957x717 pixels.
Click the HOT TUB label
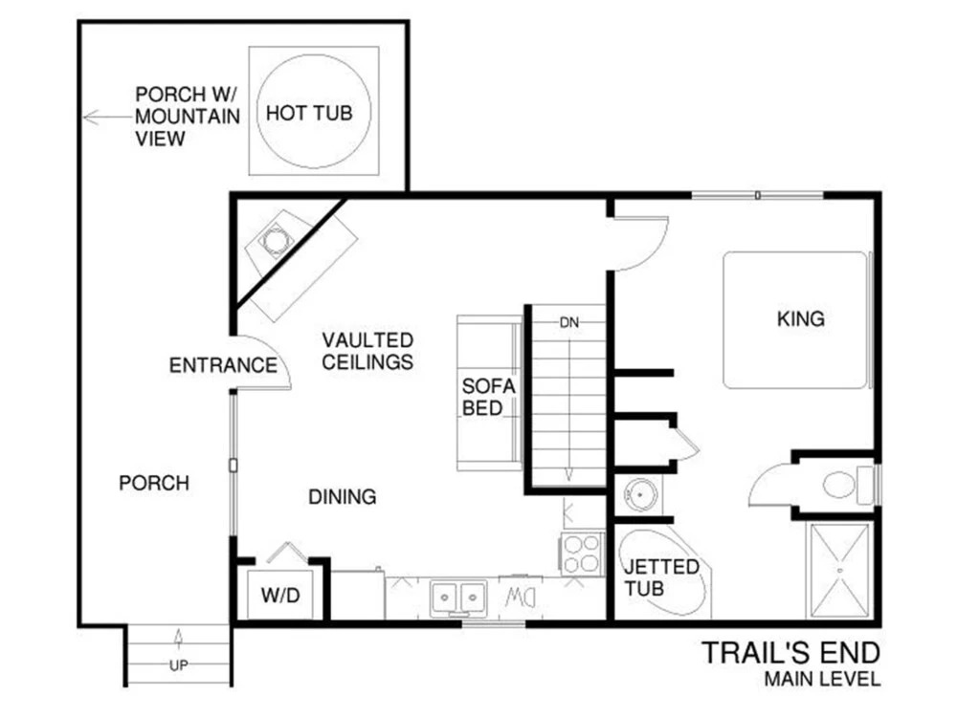click(309, 113)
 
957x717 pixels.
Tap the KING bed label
click(801, 319)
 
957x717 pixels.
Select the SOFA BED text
click(488, 397)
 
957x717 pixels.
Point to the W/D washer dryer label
click(280, 595)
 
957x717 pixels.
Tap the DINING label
click(343, 497)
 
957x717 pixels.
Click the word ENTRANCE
click(223, 365)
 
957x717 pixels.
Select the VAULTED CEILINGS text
click(367, 351)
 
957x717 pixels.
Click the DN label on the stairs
click(568, 322)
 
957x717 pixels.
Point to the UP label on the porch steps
click(178, 665)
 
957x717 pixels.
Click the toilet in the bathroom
click(848, 485)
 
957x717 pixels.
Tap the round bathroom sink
click(639, 494)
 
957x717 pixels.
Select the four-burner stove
click(582, 554)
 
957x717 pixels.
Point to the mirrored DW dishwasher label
click(520, 597)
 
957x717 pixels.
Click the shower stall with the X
click(840, 571)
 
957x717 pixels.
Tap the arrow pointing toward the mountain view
click(107, 117)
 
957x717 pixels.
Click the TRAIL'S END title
click(791, 653)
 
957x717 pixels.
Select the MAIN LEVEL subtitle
click(822, 679)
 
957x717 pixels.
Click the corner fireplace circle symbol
click(277, 240)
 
